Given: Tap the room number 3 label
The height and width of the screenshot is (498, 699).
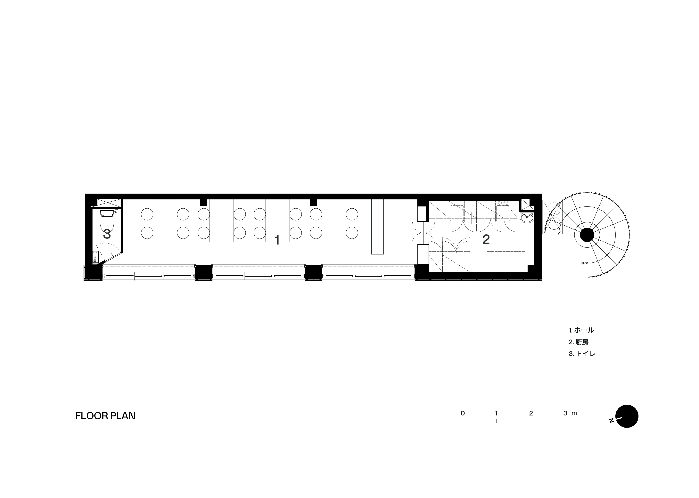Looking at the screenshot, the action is coord(107,234).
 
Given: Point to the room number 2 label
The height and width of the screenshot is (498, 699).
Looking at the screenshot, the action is coord(486,239).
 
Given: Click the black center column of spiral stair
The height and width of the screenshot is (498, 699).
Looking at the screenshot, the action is coord(587,235).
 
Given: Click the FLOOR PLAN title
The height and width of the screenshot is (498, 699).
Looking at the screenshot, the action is coord(105,416).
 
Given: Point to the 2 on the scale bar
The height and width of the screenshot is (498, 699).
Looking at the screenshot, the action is coord(531,413).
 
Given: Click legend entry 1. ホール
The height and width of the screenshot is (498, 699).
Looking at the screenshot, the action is coord(581,330).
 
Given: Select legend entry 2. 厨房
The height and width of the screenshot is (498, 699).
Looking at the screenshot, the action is coord(578,342).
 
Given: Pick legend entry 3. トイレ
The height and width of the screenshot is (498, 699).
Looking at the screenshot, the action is coord(582,354).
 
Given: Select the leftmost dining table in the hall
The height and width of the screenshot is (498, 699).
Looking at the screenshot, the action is coord(165,221).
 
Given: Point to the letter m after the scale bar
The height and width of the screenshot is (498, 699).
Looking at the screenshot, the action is coord(574,413).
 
